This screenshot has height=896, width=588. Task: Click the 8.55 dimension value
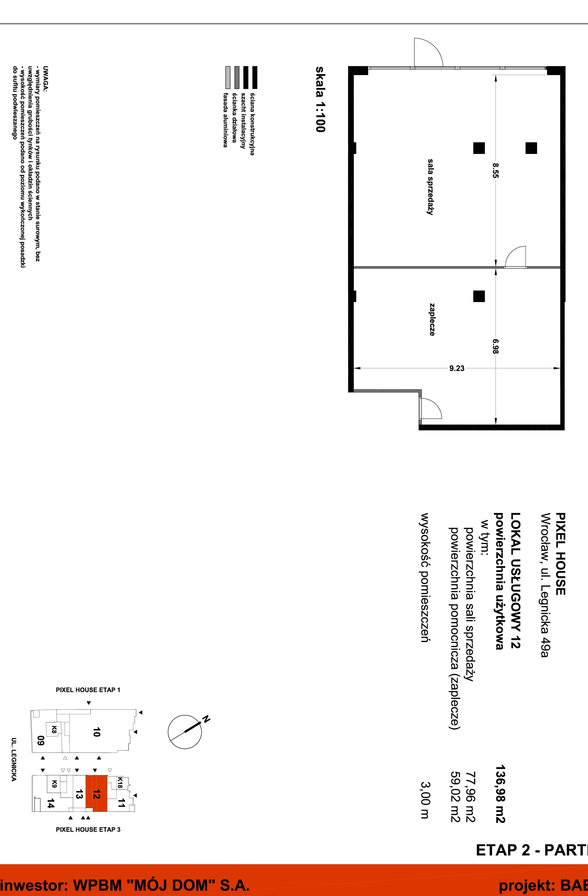496,170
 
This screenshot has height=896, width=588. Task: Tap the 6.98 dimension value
496,346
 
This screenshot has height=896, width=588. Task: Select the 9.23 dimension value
457,368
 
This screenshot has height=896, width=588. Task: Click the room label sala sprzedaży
430,187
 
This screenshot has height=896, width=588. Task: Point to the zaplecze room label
432,319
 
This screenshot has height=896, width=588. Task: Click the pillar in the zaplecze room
479,296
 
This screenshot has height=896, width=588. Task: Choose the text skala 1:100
320,99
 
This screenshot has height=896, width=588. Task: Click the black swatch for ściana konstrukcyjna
255,77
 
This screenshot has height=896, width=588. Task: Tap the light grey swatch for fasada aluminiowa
228,77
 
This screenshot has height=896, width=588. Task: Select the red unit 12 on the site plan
96,793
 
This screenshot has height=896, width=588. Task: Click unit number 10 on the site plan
96,732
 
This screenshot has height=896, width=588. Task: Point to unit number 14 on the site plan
50,805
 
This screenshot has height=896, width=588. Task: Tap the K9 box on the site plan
54,784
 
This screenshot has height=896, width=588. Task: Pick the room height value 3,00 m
425,800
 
